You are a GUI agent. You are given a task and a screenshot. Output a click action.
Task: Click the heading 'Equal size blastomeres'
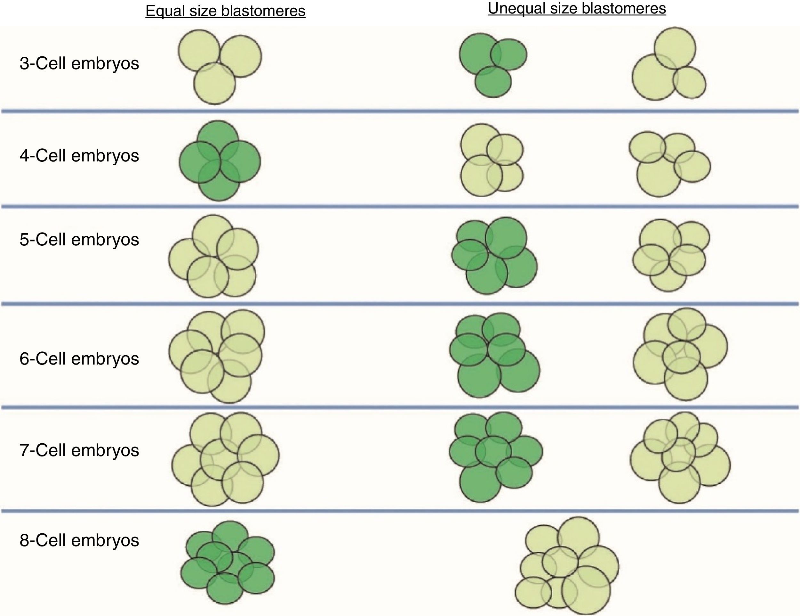(225, 11)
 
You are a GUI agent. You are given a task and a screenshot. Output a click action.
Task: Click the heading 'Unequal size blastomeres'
(577, 8)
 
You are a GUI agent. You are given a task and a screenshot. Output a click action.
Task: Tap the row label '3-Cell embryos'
(79, 63)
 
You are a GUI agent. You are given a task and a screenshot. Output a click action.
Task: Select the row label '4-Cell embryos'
(79, 155)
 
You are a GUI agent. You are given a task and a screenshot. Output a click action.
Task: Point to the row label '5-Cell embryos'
(79, 239)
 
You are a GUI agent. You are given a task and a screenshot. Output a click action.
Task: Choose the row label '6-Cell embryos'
(79, 358)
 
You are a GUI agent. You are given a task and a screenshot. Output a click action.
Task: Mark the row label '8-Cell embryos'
(79, 540)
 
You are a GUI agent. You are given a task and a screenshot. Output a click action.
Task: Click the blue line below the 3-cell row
(400, 111)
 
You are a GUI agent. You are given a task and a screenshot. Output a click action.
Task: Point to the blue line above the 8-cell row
(400, 510)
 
